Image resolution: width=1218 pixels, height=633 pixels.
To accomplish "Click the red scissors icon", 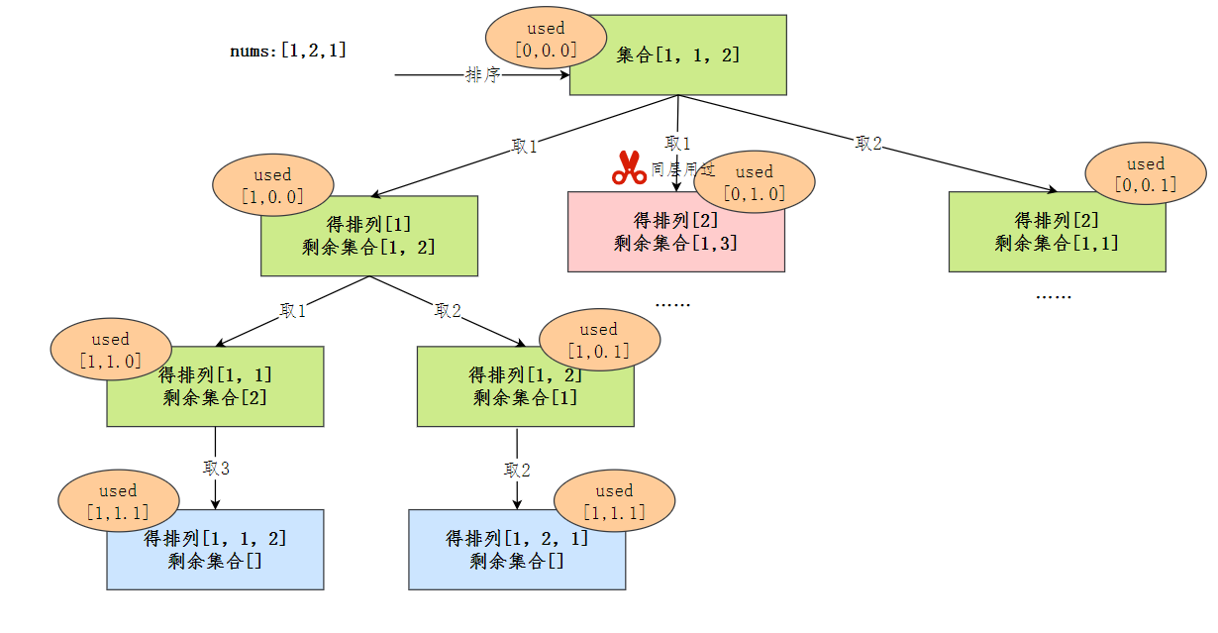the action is tap(629, 167).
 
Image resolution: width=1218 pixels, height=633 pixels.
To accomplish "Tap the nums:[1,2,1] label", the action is tap(287, 51).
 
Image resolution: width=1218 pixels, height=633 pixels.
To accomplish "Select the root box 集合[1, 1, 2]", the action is tap(677, 54).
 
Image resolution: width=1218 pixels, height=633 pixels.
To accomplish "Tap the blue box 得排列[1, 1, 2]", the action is tap(215, 549).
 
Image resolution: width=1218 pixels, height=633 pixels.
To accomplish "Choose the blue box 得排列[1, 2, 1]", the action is tap(517, 549).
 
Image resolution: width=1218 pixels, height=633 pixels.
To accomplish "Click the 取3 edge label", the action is tap(216, 469).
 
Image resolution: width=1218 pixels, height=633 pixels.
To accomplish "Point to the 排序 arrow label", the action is tap(482, 74).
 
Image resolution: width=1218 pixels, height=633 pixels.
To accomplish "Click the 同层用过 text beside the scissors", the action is tap(683, 169).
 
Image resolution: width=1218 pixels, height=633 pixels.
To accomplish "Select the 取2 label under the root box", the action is tap(867, 143).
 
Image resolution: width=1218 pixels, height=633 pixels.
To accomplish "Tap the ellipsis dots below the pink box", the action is tap(672, 305).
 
